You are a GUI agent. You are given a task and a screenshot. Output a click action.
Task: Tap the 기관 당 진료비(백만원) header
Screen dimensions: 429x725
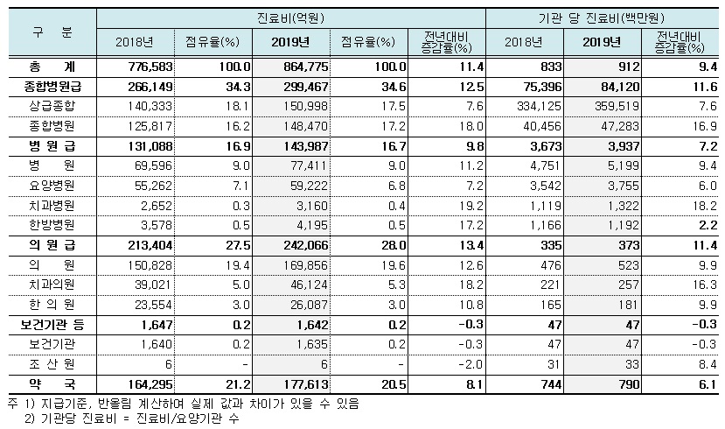coord(604,18)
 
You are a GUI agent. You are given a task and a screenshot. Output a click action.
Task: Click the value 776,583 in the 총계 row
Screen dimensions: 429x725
coord(141,67)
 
